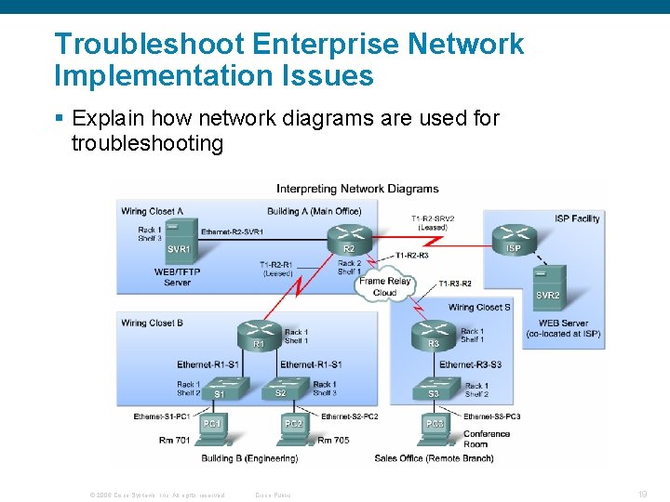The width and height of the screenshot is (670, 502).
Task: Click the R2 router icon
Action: pos(349,237)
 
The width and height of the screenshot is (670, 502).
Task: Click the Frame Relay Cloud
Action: pos(383,285)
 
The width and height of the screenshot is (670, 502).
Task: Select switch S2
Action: pos(282,388)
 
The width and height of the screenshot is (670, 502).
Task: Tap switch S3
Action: pos(435,389)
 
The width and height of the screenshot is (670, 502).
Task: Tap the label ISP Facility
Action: pos(577,218)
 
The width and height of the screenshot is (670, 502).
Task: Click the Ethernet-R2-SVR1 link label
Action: pos(232,231)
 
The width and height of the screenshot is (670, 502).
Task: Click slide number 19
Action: pos(642,495)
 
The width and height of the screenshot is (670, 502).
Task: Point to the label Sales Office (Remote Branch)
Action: pos(433,458)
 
